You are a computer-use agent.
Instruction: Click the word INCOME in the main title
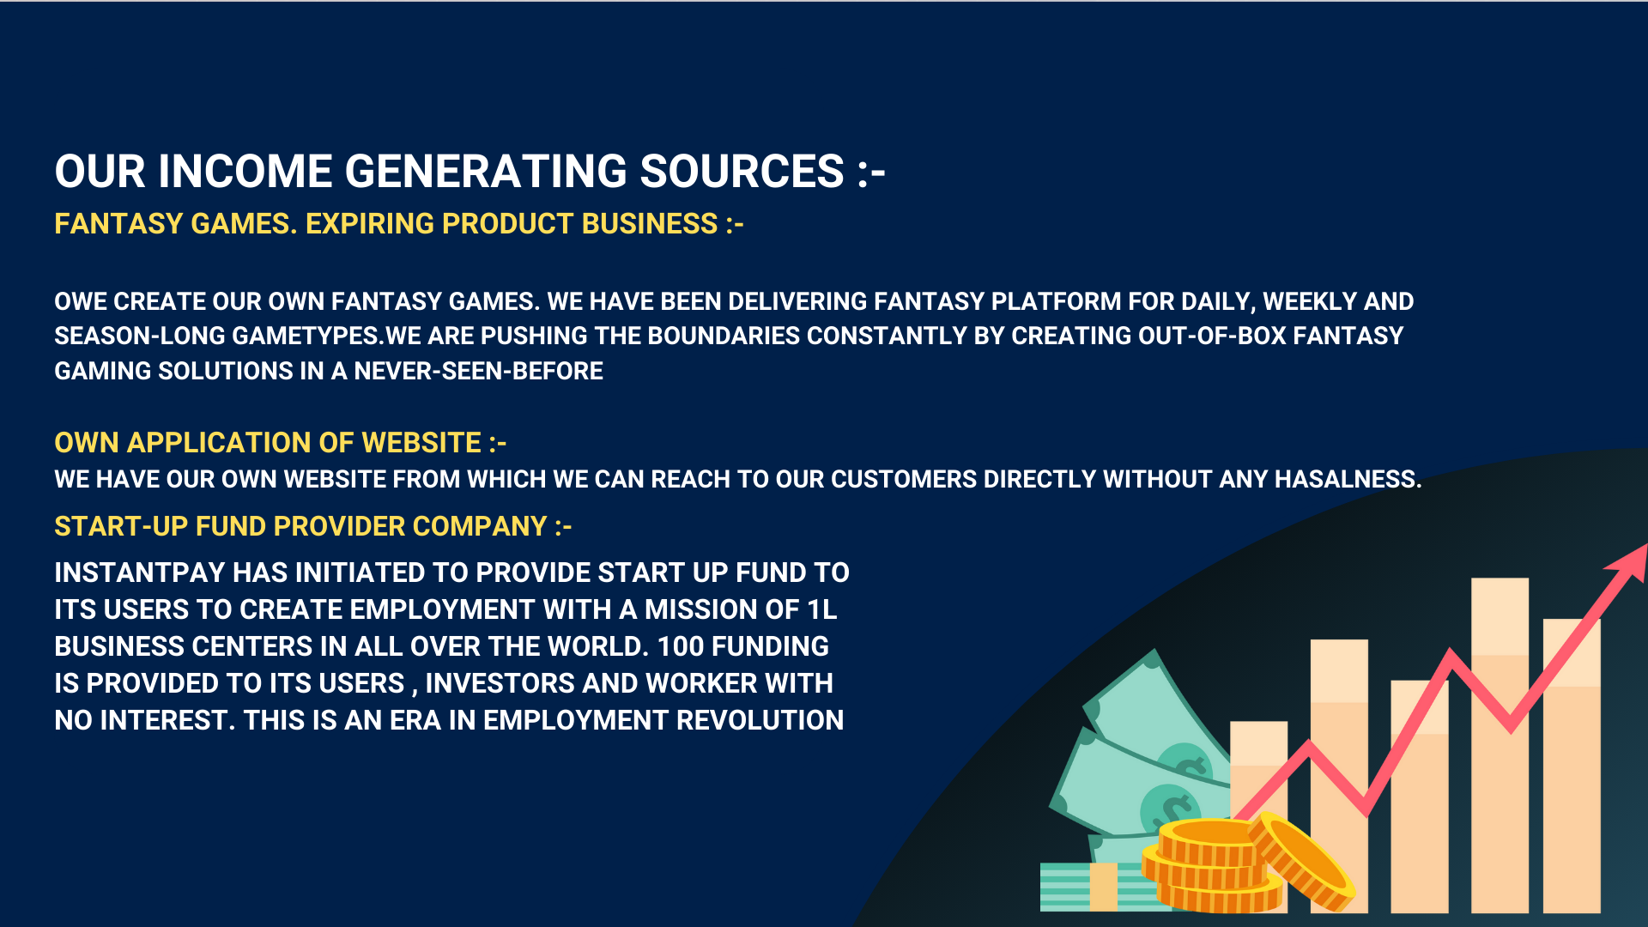point(245,171)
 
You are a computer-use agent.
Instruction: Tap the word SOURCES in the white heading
point(742,171)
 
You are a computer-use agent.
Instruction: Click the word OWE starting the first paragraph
point(81,301)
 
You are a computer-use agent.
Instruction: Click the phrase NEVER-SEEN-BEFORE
point(479,371)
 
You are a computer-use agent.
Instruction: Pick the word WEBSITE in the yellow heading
point(421,443)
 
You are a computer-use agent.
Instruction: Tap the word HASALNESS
point(1348,479)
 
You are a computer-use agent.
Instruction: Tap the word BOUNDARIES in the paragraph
point(724,336)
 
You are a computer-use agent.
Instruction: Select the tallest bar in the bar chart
point(1500,745)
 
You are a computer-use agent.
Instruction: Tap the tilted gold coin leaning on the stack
point(1300,861)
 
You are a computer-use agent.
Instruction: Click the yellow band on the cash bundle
point(1103,887)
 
